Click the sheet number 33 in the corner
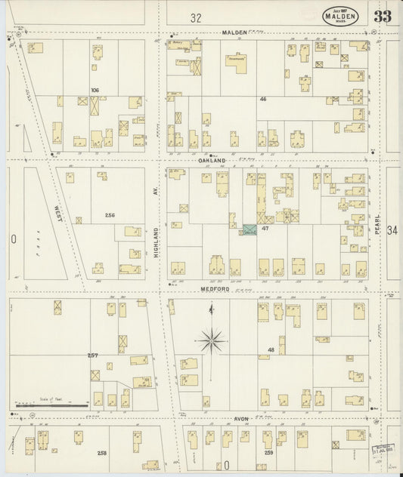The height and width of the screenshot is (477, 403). click(382, 17)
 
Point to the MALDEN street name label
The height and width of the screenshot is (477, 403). click(235, 33)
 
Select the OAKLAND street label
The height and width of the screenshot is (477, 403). click(212, 161)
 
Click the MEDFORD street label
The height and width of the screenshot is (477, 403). click(214, 288)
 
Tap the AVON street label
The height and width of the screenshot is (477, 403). click(241, 417)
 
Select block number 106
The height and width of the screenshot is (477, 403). click(95, 90)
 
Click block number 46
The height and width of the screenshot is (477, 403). click(263, 99)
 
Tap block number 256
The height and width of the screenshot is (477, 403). click(110, 215)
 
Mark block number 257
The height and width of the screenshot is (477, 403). click(92, 354)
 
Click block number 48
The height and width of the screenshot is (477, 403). click(270, 349)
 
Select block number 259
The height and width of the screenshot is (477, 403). click(268, 452)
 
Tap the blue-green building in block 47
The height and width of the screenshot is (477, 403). click(249, 229)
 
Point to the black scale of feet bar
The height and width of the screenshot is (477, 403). click(53, 405)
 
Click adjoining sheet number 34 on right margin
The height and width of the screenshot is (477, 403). click(392, 229)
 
